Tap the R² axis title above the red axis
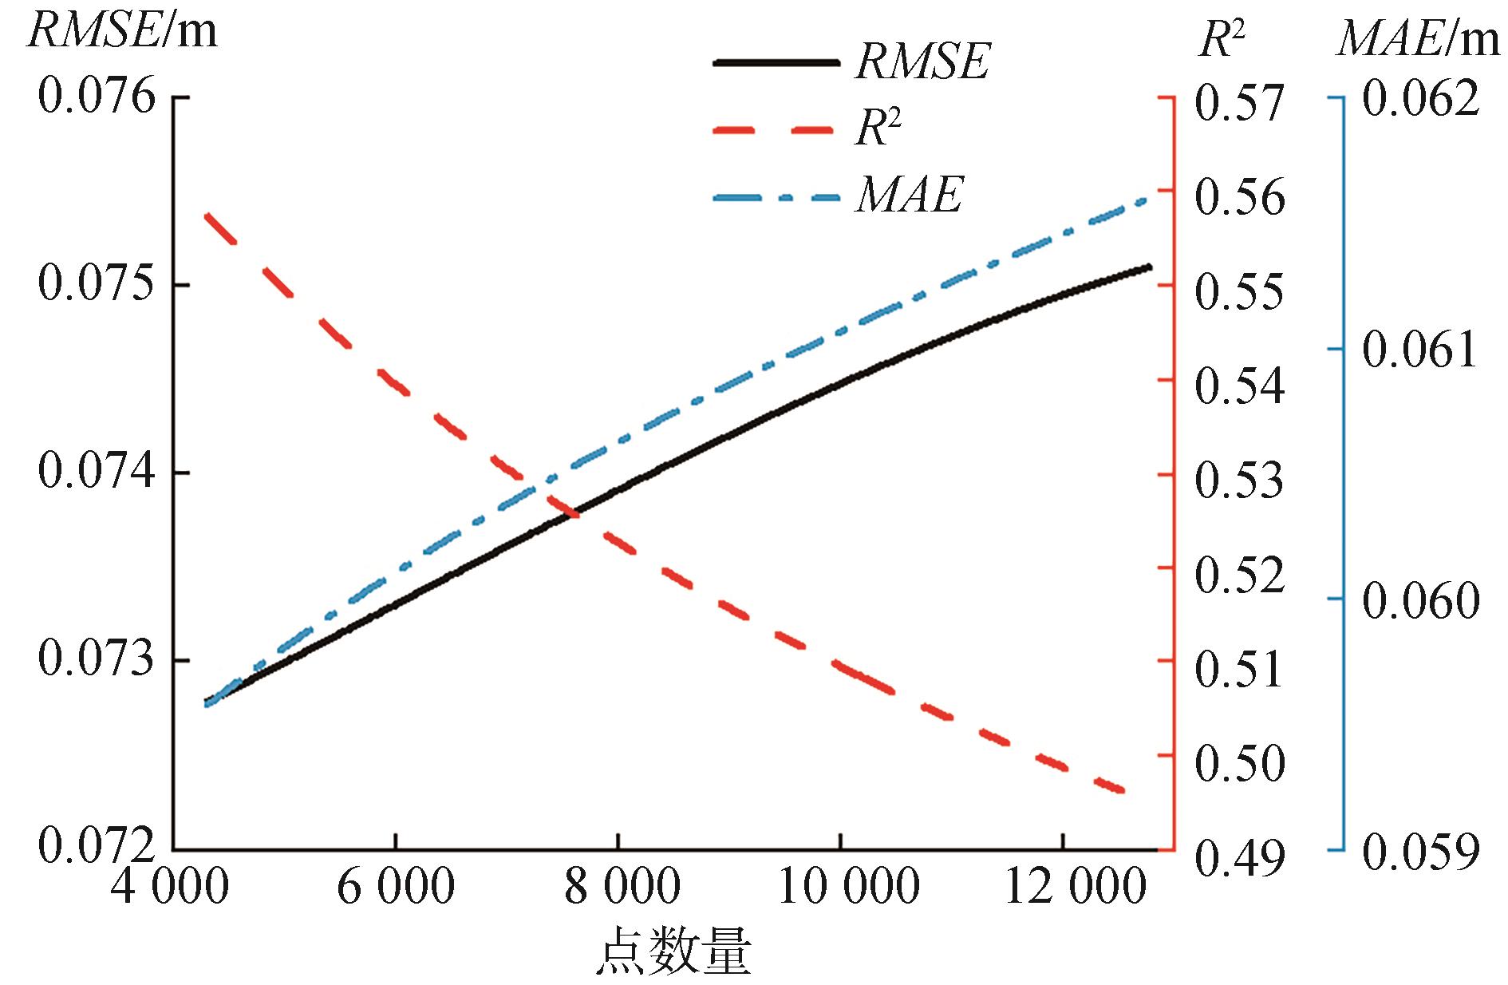click(x=1222, y=38)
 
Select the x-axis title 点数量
click(x=674, y=953)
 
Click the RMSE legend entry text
click(x=922, y=61)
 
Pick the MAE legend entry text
click(x=910, y=195)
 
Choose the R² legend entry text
click(x=878, y=128)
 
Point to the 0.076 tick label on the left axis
click(x=97, y=98)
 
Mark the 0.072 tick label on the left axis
click(x=97, y=847)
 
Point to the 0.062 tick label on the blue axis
click(x=1420, y=99)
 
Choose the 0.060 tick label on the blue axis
click(x=1420, y=601)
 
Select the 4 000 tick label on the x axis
click(x=169, y=887)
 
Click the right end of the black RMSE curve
click(x=1150, y=267)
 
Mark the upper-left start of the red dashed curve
click(x=207, y=216)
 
